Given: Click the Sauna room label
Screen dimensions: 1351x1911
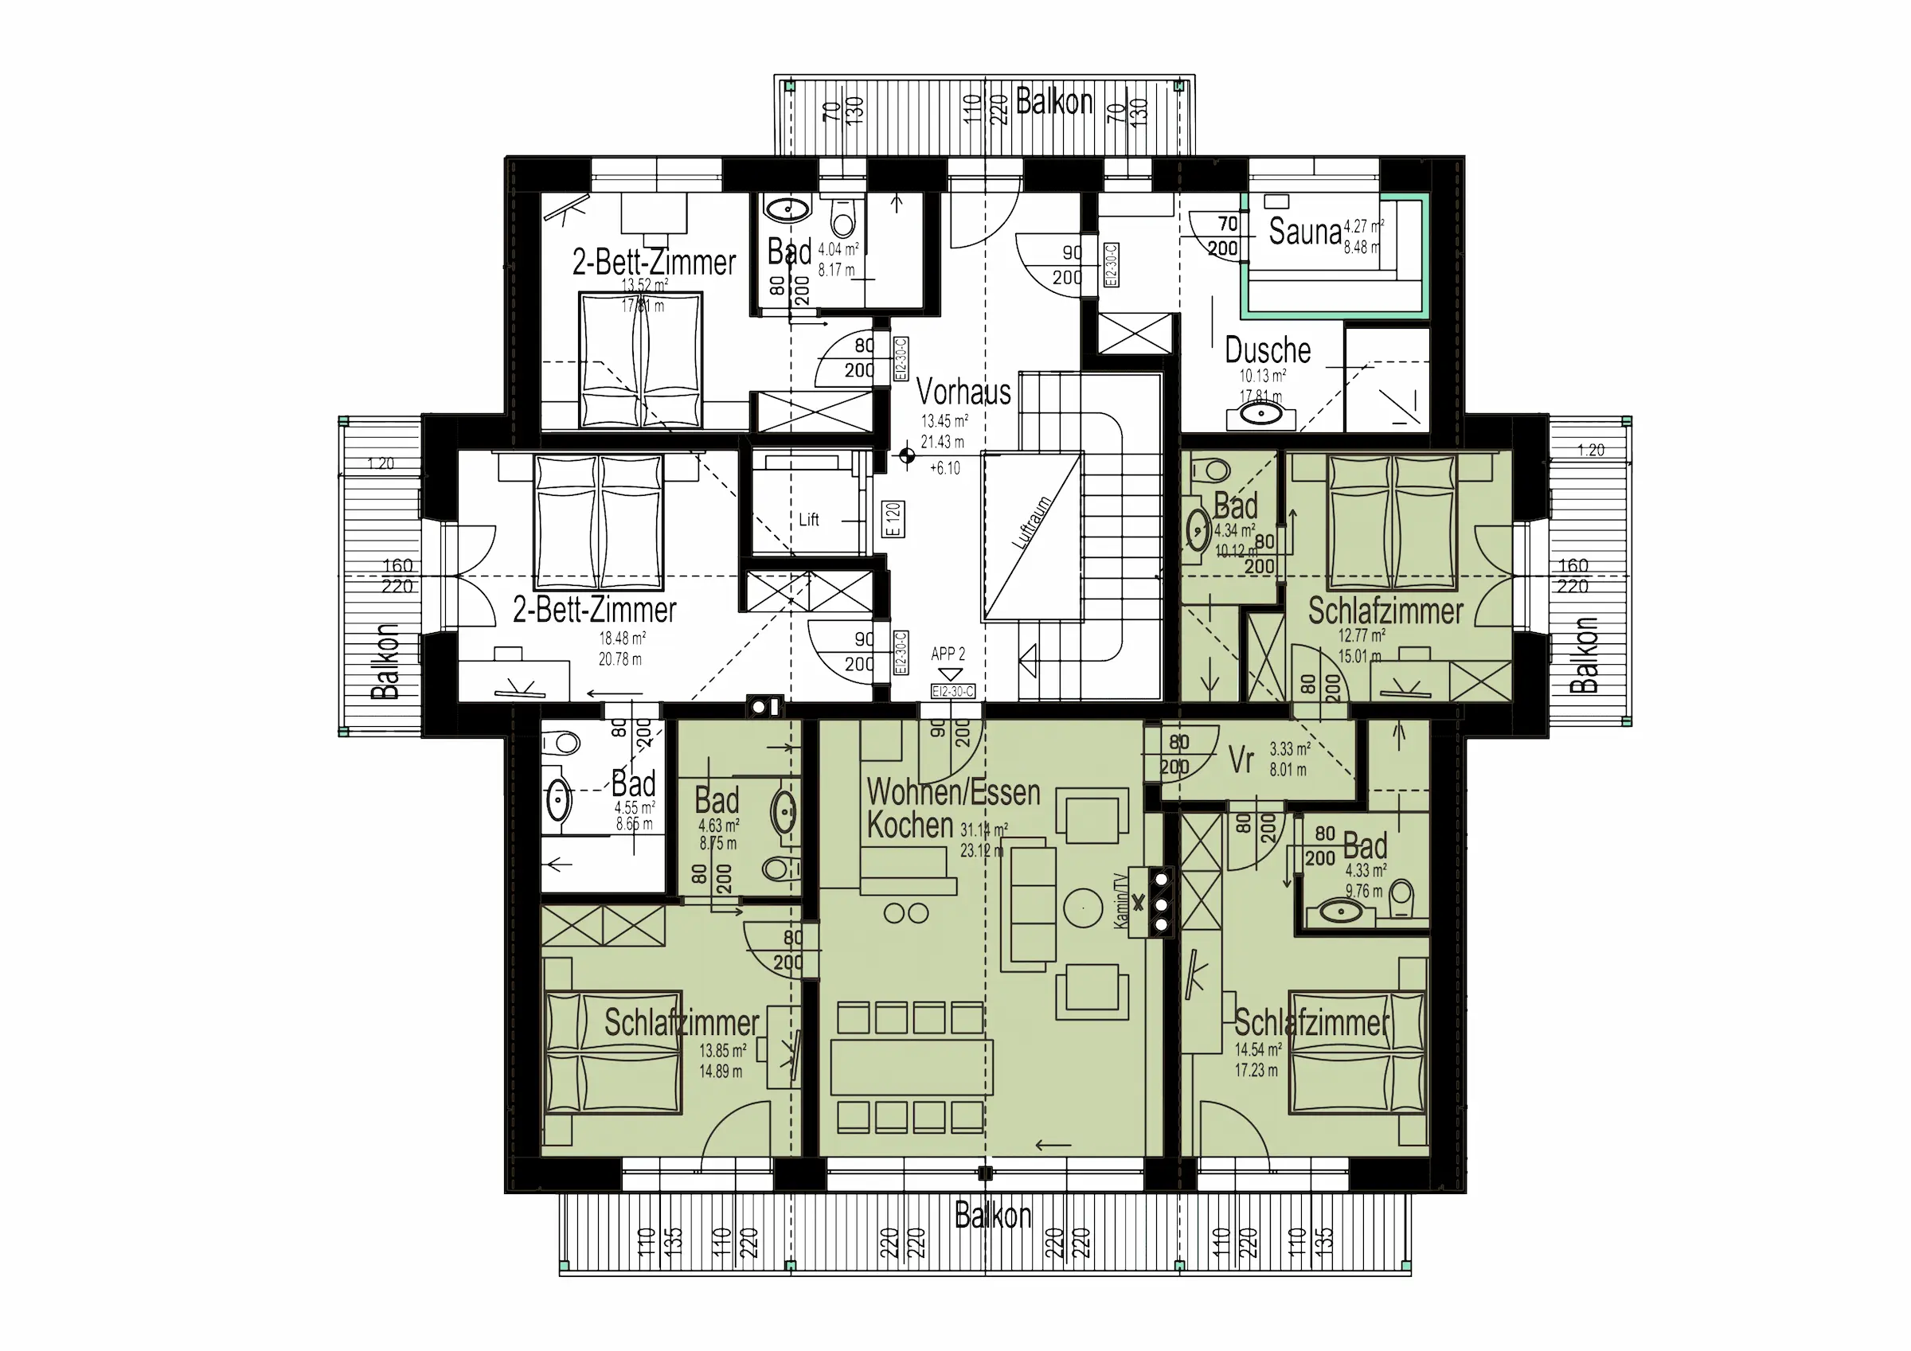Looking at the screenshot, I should point(1304,232).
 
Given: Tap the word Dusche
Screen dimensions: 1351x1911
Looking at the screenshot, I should point(1267,350).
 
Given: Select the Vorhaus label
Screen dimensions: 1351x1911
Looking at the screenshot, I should point(963,391).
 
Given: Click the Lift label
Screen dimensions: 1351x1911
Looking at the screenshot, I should point(808,519).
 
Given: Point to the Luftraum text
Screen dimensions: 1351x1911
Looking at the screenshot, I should point(1031,522).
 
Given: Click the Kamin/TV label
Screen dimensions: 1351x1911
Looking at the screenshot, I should point(1121,900).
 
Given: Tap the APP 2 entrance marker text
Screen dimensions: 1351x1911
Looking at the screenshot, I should point(948,654).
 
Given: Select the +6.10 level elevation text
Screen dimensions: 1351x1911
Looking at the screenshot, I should point(944,468).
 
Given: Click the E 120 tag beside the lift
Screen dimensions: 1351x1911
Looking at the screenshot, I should point(893,518).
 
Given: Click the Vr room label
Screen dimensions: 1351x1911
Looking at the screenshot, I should point(1240,759).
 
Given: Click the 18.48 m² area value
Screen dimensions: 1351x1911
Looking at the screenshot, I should point(622,638).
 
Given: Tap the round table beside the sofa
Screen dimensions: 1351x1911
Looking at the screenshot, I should point(1083,908).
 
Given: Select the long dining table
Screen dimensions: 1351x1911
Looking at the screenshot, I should point(911,1066).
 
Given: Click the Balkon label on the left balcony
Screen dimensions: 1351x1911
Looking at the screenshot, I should point(385,661).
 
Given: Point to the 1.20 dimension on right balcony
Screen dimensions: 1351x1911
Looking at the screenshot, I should point(1591,451).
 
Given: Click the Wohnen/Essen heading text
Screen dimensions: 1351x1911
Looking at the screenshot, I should point(953,792).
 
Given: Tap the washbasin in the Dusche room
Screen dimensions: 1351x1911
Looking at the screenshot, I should point(1262,414).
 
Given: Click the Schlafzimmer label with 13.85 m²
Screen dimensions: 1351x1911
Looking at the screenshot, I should point(681,1022).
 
